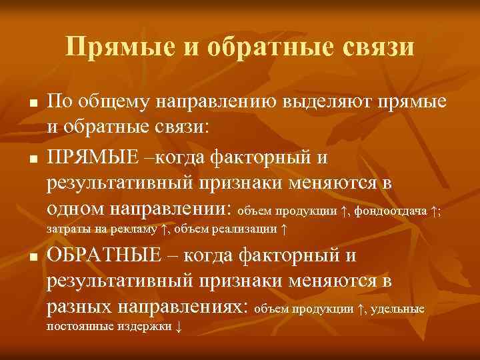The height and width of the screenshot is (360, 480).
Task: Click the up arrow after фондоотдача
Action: coord(433,212)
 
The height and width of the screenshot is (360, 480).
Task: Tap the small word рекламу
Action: coord(136,230)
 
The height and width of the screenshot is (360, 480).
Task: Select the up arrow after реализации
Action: coord(285,230)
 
